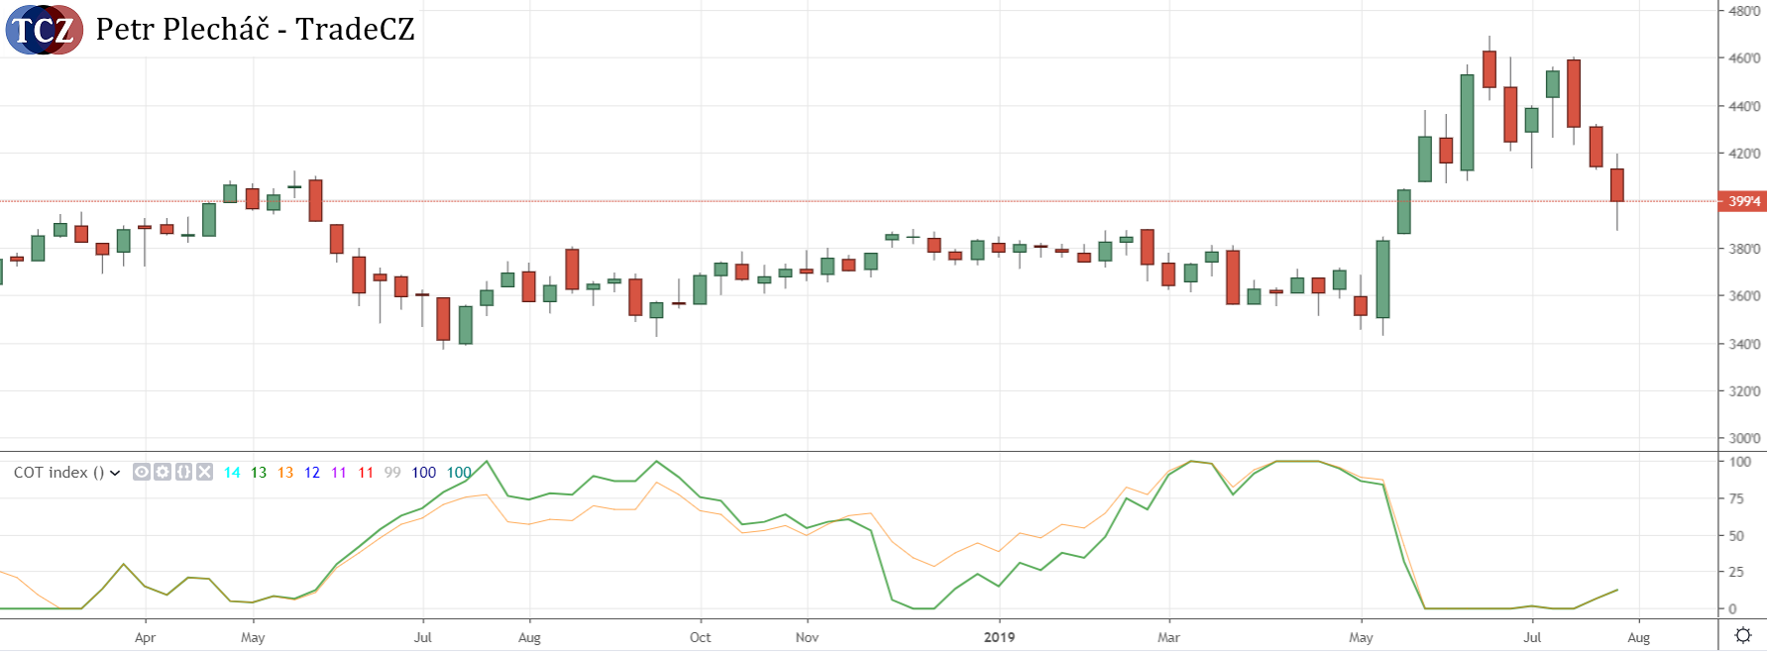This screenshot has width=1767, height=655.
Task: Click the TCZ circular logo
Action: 44,30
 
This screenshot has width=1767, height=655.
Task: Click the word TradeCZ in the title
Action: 355,30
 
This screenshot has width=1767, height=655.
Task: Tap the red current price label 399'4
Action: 1744,201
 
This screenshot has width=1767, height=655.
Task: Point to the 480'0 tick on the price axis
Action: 1744,11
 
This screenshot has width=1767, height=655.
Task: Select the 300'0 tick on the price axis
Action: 1744,438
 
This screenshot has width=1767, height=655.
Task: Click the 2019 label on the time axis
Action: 999,637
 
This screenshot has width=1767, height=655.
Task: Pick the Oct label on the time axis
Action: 700,637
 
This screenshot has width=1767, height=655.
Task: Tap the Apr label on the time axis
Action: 145,637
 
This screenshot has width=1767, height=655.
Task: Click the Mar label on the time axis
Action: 1168,637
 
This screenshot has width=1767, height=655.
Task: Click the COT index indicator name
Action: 57,473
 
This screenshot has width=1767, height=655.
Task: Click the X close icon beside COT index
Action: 204,472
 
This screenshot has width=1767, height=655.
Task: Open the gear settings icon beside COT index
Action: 163,472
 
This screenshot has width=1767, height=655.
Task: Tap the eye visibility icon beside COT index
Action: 142,472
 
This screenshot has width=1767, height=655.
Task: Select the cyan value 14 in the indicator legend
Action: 232,473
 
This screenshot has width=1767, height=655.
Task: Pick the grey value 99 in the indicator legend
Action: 392,473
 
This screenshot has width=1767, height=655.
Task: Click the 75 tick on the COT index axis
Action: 1736,498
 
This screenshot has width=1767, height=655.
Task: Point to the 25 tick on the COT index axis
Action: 1736,572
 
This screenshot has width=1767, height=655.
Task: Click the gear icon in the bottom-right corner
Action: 1743,635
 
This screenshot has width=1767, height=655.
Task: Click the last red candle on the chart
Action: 1617,185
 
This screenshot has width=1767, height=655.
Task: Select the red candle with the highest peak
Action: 1489,69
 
